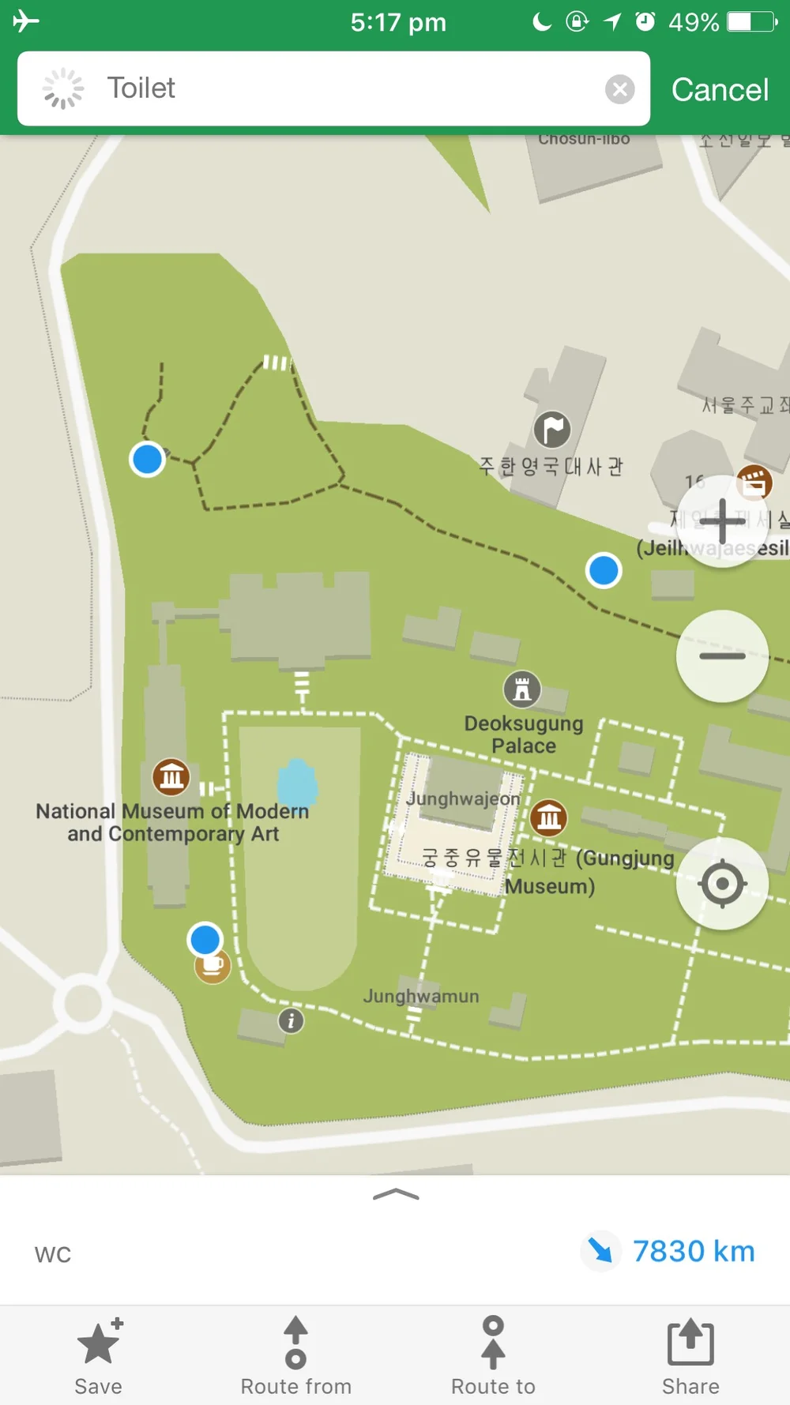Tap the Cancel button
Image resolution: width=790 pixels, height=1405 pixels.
tap(719, 90)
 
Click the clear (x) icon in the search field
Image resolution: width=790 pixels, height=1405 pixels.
tap(620, 89)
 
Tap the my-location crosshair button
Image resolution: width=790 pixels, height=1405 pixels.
tap(722, 883)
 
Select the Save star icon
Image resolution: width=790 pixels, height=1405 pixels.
tap(99, 1343)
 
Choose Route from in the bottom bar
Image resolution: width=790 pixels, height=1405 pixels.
tap(295, 1343)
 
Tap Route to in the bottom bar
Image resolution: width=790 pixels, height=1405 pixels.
tap(493, 1343)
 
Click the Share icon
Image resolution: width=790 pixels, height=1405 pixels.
tap(690, 1343)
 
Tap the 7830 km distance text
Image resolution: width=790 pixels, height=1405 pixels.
tap(694, 1251)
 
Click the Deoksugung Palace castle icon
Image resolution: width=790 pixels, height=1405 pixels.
tap(522, 689)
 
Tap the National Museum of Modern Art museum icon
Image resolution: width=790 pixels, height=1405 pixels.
tap(171, 777)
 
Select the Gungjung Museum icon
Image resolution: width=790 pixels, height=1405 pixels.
tap(549, 817)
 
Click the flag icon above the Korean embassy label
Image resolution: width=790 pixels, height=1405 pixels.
tap(552, 430)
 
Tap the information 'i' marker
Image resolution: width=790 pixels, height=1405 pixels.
tap(291, 1020)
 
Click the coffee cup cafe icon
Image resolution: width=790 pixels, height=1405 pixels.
tap(213, 966)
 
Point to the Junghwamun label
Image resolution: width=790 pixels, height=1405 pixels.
tap(421, 997)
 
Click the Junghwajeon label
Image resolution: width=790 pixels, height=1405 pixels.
tap(463, 798)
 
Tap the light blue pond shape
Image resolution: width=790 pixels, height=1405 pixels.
tap(297, 784)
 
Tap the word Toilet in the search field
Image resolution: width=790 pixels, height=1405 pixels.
tap(141, 88)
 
